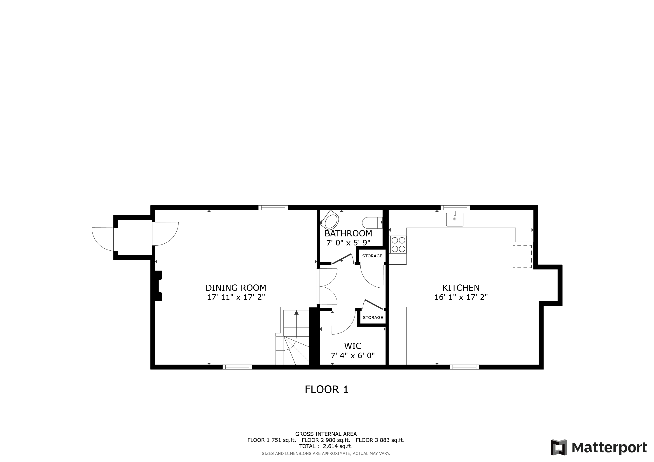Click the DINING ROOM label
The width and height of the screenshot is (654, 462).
click(x=236, y=288)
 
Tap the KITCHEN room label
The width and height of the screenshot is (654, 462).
click(x=461, y=288)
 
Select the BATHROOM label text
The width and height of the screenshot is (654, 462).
click(x=348, y=233)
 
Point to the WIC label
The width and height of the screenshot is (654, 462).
click(x=353, y=346)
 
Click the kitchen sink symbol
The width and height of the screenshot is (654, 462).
click(x=455, y=219)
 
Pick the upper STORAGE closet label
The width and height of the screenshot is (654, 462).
click(x=372, y=256)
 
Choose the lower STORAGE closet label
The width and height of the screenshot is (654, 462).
click(x=373, y=317)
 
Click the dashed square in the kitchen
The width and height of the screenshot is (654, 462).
click(x=522, y=256)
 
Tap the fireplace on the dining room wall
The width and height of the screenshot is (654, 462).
click(x=158, y=286)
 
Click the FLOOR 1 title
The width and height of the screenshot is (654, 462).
click(x=327, y=389)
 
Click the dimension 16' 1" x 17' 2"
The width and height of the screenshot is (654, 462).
click(x=461, y=297)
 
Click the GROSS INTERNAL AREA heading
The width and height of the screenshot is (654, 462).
click(x=326, y=434)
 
